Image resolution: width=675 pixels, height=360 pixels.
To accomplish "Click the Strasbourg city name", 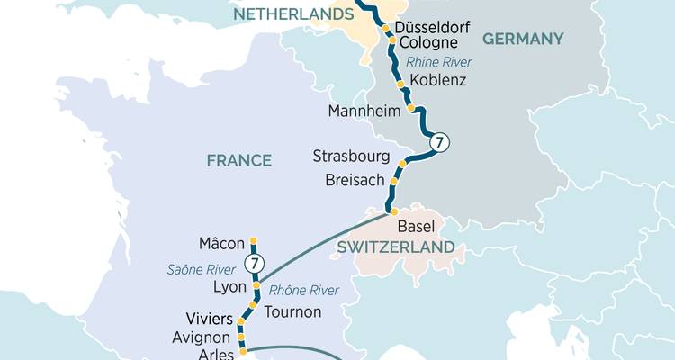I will (x=351, y=156).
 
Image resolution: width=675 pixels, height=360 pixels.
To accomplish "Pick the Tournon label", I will (x=292, y=311).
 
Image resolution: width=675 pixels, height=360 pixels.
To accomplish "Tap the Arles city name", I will (x=215, y=355).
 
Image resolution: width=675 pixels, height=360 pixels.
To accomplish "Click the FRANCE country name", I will (x=238, y=160).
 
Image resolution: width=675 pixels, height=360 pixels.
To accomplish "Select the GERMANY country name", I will (x=523, y=39).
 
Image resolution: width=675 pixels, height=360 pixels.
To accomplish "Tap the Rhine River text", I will (x=440, y=61).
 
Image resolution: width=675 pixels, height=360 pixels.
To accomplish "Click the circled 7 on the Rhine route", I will (x=438, y=142).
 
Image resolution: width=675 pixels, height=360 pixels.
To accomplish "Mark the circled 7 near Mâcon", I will (x=256, y=265).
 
